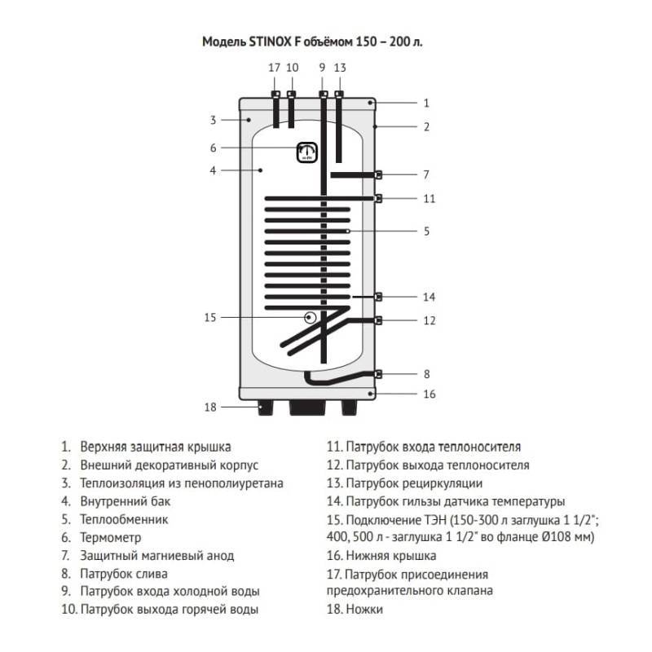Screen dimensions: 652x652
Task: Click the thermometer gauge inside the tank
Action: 307,152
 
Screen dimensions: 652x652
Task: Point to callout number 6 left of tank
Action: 213,148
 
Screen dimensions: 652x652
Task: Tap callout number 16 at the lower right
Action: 430,394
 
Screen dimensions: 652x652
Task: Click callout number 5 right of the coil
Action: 426,231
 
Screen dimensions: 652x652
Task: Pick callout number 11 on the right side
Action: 430,198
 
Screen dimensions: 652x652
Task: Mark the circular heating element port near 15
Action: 310,317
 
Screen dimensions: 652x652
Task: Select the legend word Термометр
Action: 111,538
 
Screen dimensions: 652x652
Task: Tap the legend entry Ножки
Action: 363,610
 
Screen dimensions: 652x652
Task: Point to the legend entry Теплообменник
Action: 124,519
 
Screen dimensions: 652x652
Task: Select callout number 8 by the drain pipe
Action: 426,374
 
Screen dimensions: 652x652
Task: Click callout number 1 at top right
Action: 426,104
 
